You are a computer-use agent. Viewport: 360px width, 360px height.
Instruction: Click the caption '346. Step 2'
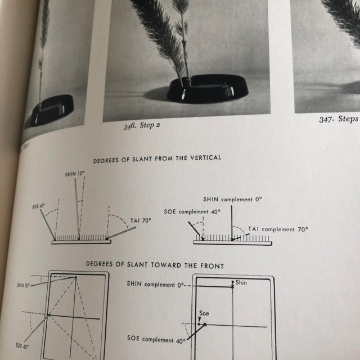pos(142,124)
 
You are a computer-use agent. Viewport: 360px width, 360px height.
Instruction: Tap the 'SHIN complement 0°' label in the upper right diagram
pos(232,199)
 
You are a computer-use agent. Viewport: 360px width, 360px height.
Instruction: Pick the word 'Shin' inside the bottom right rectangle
pos(241,282)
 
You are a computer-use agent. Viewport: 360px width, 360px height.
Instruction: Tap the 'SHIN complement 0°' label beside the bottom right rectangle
pos(156,285)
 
